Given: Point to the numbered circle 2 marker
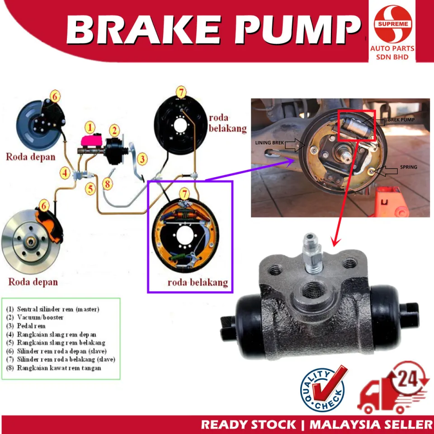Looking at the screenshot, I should point(114,131).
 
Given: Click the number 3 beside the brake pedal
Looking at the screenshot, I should point(142,159).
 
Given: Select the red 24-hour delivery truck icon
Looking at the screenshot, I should point(393,390).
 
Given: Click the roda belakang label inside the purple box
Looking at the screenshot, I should point(197,283).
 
